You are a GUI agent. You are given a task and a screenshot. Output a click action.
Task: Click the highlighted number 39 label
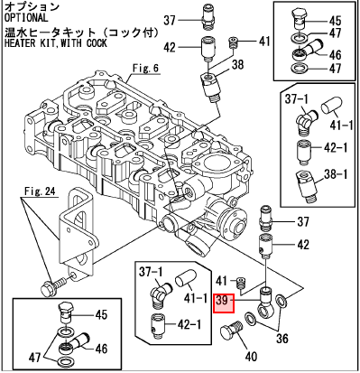(224, 303)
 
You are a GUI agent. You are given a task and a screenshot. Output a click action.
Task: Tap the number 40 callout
(251, 357)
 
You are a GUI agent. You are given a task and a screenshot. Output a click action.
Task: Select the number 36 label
(282, 339)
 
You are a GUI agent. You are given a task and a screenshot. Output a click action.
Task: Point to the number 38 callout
(237, 64)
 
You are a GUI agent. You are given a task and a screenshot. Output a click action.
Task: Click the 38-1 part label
(335, 174)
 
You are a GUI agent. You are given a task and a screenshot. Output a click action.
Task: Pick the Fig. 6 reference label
(145, 69)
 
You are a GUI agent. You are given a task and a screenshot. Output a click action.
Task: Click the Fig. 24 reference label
(41, 191)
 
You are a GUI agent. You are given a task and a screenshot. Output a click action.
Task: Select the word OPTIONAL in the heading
(26, 17)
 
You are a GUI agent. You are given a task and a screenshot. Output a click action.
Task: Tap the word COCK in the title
(97, 42)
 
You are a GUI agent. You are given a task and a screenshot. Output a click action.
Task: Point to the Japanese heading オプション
(32, 6)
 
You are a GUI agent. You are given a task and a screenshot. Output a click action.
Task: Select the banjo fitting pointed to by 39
(266, 303)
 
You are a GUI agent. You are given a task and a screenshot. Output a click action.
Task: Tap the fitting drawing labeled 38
(210, 88)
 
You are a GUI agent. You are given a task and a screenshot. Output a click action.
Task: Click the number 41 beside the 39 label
(222, 281)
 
